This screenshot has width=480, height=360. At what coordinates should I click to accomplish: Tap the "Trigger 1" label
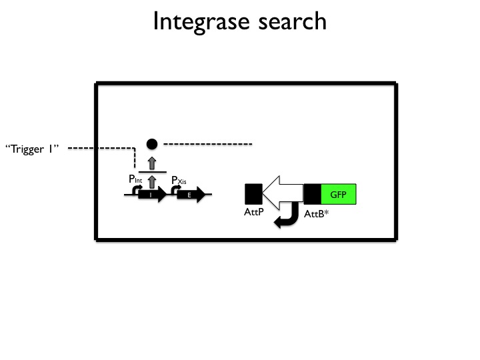click(x=31, y=149)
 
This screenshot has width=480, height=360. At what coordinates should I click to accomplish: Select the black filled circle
click(x=152, y=144)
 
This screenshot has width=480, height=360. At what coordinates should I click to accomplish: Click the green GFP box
click(x=339, y=194)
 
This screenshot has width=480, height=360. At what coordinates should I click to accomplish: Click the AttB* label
click(x=316, y=215)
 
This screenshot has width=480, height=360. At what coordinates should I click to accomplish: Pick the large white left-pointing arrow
click(x=283, y=194)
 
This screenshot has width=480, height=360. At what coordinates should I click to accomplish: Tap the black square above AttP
click(x=253, y=194)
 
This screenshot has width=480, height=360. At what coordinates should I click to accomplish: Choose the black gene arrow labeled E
click(x=190, y=195)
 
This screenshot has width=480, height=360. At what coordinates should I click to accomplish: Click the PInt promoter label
click(x=135, y=179)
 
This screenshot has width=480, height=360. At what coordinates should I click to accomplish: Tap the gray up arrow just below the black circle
click(x=152, y=162)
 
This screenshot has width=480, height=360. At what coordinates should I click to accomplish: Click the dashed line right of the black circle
click(x=207, y=144)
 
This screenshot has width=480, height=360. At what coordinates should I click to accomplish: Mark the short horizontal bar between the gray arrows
click(x=152, y=171)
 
